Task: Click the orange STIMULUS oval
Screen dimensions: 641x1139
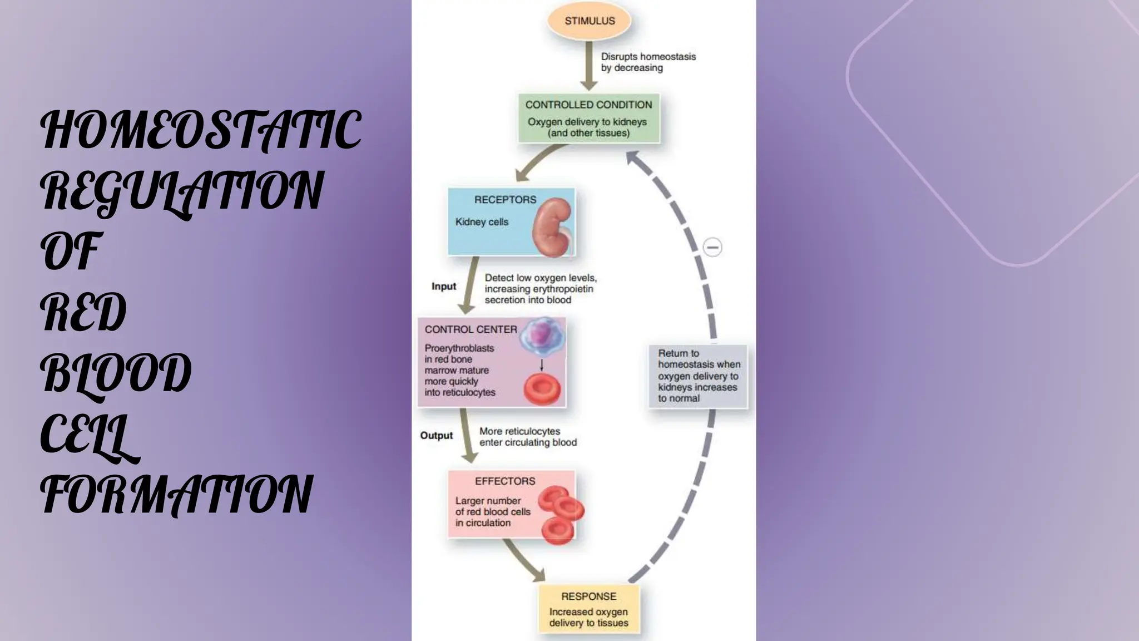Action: pyautogui.click(x=589, y=21)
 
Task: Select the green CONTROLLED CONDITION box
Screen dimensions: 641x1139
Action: pyautogui.click(x=588, y=118)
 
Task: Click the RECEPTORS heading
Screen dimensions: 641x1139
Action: pyautogui.click(x=505, y=200)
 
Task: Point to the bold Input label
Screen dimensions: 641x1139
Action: pyautogui.click(x=443, y=287)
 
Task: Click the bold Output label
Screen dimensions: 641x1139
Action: pyautogui.click(x=436, y=436)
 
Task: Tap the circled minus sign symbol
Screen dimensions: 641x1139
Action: pyautogui.click(x=712, y=247)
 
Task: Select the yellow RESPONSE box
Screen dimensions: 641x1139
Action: pyautogui.click(x=588, y=609)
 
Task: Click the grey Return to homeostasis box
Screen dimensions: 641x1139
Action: pyautogui.click(x=698, y=376)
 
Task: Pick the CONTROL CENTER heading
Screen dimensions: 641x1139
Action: pyautogui.click(x=471, y=329)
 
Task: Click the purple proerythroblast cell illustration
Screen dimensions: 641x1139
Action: pyautogui.click(x=541, y=337)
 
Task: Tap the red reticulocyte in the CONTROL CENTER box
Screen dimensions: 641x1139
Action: pyautogui.click(x=542, y=389)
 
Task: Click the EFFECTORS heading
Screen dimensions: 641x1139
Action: pyautogui.click(x=505, y=481)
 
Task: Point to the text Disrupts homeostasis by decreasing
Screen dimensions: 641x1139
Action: pyautogui.click(x=648, y=62)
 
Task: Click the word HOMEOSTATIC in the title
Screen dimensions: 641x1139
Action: pyautogui.click(x=201, y=130)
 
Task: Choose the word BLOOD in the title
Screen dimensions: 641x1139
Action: pyautogui.click(x=116, y=373)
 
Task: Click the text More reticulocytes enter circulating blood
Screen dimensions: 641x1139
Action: pyautogui.click(x=528, y=437)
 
